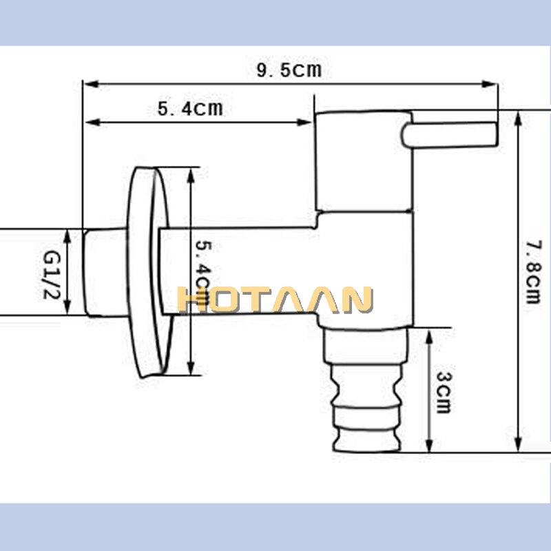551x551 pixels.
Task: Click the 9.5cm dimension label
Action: pyautogui.click(x=289, y=70)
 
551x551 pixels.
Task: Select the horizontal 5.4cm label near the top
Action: pyautogui.click(x=190, y=109)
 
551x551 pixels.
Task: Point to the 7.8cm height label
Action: pyautogui.click(x=532, y=271)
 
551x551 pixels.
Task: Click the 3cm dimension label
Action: pyautogui.click(x=443, y=392)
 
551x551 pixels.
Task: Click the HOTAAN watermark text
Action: pyautogui.click(x=275, y=300)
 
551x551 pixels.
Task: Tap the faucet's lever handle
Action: pyautogui.click(x=451, y=134)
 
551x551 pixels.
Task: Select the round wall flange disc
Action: pyautogui.click(x=148, y=272)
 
